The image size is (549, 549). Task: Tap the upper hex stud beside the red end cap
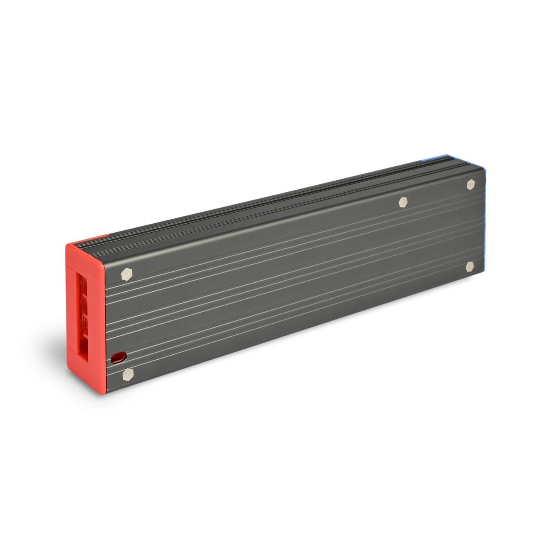pos(127,274)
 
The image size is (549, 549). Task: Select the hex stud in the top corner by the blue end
pos(471,184)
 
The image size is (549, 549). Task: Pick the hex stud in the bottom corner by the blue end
pos(470,267)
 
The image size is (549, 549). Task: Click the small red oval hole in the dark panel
pos(117,358)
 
